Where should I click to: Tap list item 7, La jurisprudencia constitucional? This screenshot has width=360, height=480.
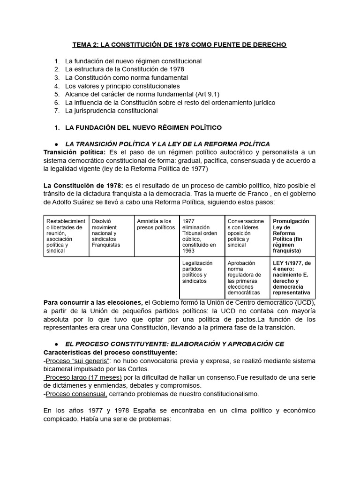[x=111, y=111]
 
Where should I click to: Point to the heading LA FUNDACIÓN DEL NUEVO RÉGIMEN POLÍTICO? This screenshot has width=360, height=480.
[x=143, y=127]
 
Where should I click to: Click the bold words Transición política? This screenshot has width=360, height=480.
[x=75, y=152]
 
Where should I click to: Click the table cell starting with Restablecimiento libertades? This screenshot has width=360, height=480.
[x=66, y=235]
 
